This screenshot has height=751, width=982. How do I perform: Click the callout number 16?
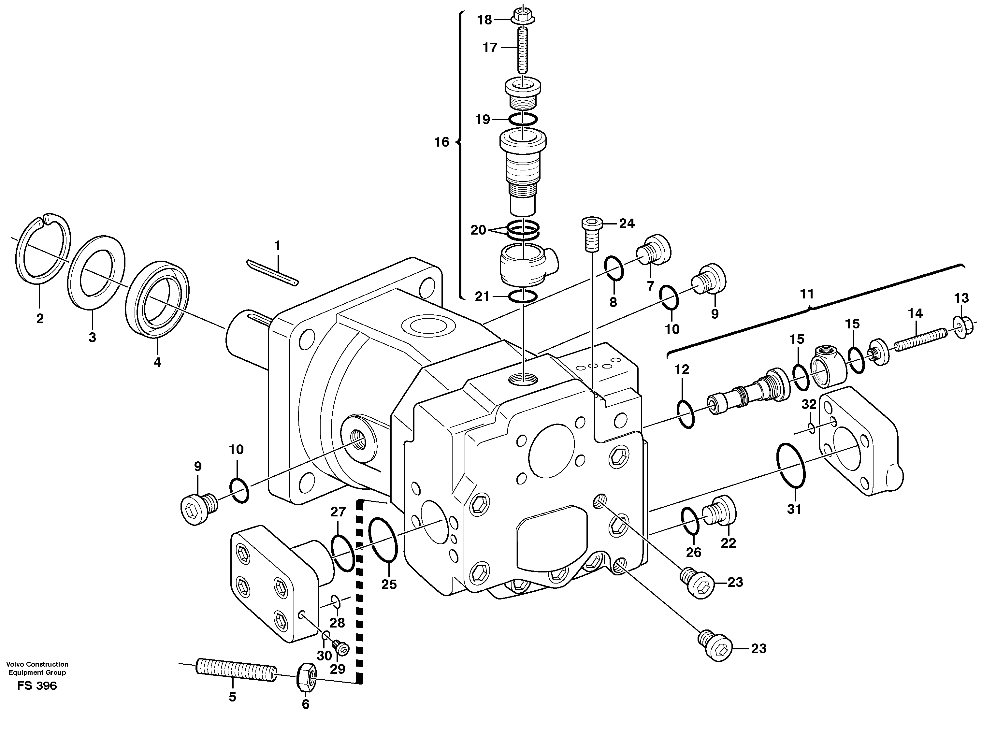coord(441,142)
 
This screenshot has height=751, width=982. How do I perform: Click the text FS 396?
coord(37,686)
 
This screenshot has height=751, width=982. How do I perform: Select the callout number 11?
coord(807,294)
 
